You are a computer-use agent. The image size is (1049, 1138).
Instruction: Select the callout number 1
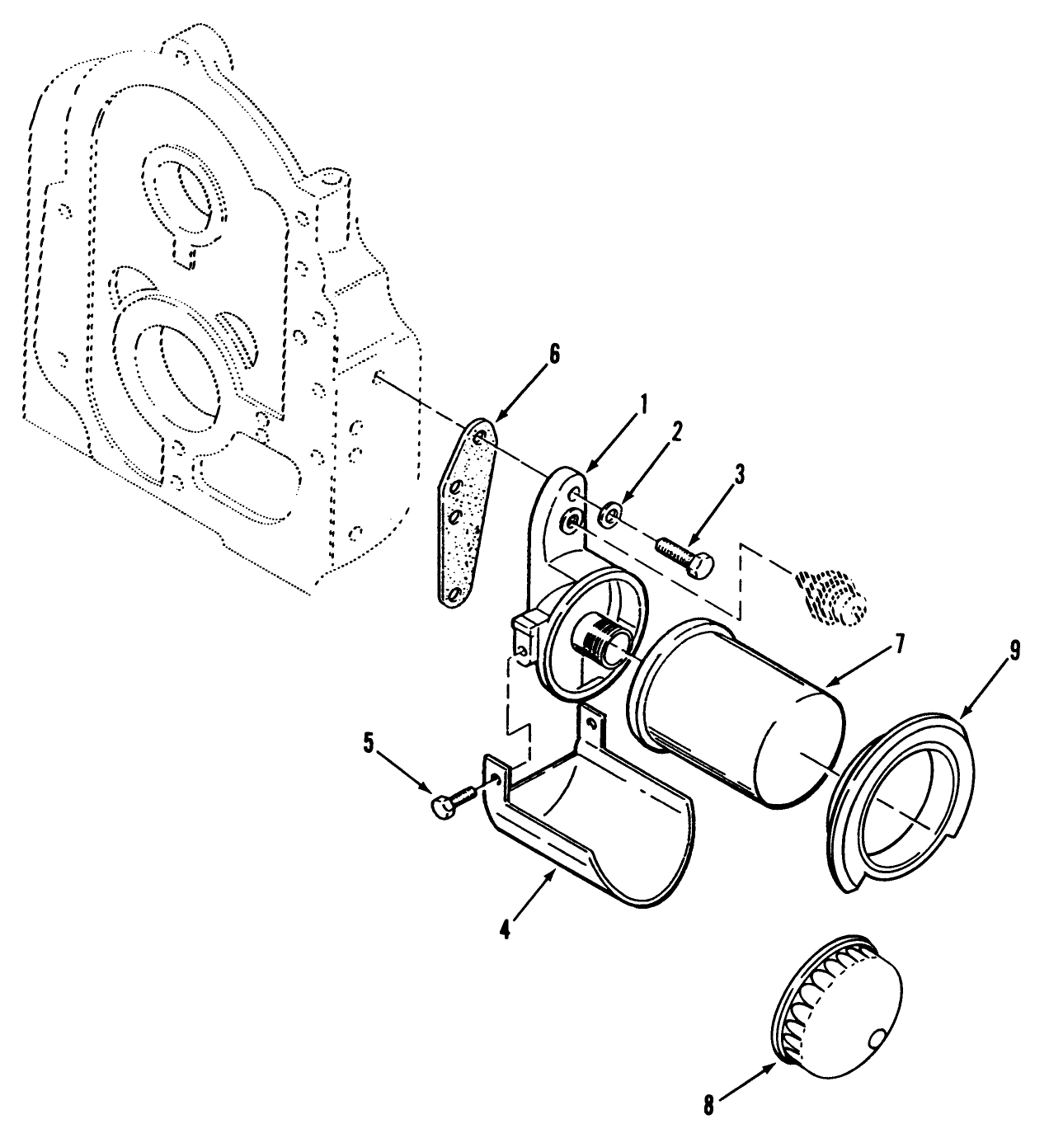642,404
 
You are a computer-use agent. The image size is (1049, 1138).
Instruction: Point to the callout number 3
740,473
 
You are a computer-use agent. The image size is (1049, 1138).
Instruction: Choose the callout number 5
368,743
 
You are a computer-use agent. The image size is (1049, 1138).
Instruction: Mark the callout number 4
504,929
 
